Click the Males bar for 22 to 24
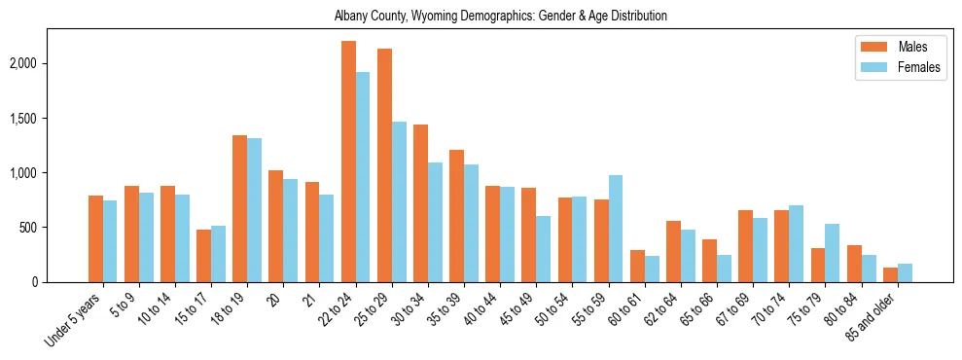click(348, 162)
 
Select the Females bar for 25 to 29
click(399, 201)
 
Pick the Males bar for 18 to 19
click(239, 208)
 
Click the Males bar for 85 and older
click(890, 274)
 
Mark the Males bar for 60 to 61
click(637, 266)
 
